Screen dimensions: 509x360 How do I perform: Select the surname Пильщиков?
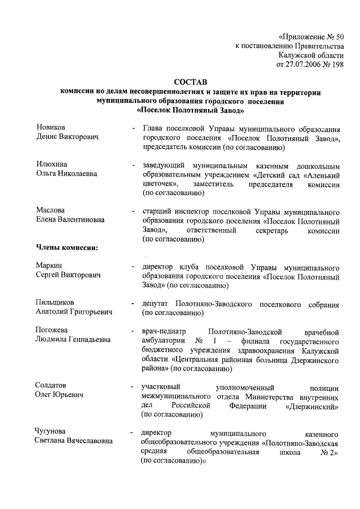55,303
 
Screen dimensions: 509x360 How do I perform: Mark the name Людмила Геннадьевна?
73,340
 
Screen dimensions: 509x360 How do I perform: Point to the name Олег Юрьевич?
60,395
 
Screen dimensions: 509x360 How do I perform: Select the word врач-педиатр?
164,331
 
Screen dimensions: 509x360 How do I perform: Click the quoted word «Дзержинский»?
312,405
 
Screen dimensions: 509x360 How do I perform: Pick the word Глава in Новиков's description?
153,128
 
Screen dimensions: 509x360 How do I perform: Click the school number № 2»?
328,451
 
